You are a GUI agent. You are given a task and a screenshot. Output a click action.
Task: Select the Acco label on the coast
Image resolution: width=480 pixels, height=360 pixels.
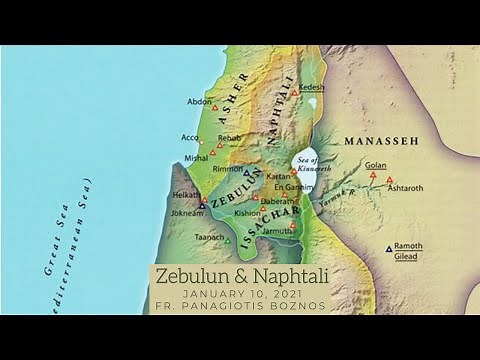(x=191, y=137)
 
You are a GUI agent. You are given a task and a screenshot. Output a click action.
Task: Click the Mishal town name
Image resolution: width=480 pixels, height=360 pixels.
(x=197, y=157)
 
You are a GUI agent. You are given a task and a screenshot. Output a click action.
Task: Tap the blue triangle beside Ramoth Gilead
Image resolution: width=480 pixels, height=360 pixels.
(x=388, y=248)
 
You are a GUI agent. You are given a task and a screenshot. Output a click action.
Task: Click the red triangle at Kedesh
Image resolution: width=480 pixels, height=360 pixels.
(x=294, y=92)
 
